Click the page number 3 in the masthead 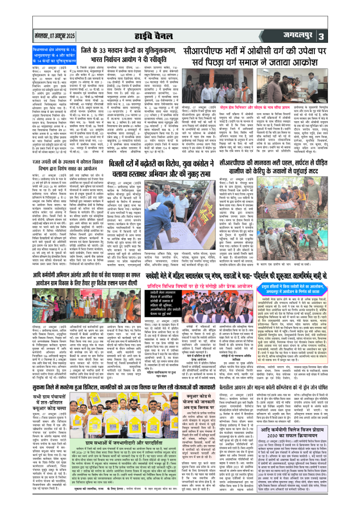click(x=346, y=36)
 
